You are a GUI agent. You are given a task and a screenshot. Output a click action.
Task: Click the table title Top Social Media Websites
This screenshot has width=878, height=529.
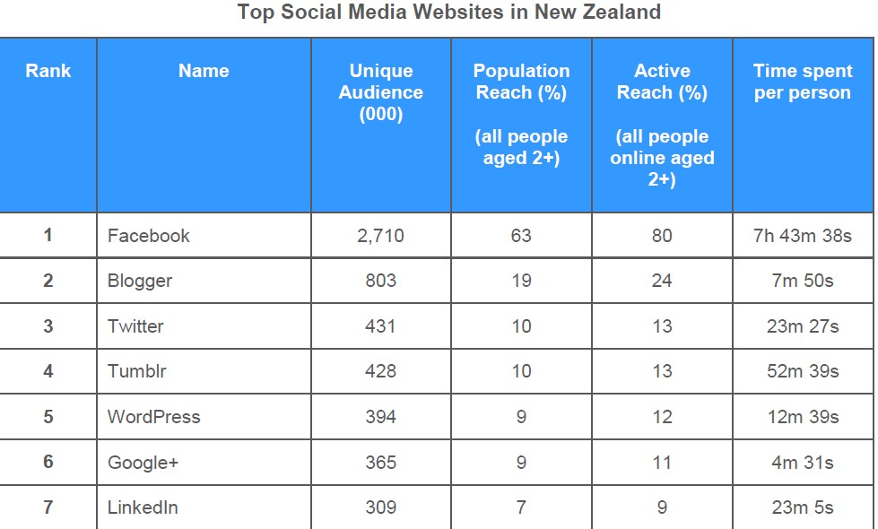[x=449, y=13]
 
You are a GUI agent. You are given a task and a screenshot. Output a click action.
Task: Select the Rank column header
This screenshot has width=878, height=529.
[x=48, y=71]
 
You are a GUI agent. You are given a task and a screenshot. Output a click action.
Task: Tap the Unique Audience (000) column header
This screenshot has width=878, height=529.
[x=381, y=92]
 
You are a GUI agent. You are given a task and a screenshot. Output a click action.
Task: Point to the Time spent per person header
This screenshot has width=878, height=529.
[x=802, y=82]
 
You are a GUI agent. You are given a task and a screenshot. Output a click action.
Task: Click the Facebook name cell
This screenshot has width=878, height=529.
[x=149, y=236]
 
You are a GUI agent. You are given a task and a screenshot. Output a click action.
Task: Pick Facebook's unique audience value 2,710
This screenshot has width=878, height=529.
[x=381, y=236]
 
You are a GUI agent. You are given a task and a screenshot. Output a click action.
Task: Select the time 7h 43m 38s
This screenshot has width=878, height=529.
[x=803, y=236]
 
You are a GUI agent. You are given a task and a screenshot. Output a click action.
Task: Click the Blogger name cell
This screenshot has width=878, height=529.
[x=140, y=281]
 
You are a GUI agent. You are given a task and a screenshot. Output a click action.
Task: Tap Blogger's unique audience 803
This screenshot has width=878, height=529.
[x=381, y=281]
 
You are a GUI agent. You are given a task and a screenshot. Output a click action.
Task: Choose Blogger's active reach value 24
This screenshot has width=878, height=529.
[x=662, y=281]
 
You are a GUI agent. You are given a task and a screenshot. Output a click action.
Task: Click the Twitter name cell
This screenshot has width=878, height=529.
[x=135, y=326]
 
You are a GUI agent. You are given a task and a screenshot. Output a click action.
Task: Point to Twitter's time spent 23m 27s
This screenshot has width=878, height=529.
[x=803, y=326]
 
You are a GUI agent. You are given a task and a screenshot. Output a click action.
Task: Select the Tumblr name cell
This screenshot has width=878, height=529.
[x=137, y=371]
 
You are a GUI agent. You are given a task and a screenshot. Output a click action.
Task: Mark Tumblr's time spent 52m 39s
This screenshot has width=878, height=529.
[x=803, y=371]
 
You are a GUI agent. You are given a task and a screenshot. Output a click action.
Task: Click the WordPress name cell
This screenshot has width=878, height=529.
[x=154, y=417]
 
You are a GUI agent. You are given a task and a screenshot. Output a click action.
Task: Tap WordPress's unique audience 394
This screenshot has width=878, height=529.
[x=381, y=417]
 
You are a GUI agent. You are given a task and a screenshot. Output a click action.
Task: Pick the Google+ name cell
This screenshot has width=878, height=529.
[x=143, y=463]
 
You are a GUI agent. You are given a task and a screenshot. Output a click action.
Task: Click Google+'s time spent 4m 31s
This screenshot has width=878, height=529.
[x=803, y=463]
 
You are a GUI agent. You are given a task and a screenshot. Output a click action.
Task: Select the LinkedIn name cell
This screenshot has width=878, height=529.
[x=143, y=507]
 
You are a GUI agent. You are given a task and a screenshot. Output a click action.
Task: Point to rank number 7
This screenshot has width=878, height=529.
[x=48, y=507]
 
